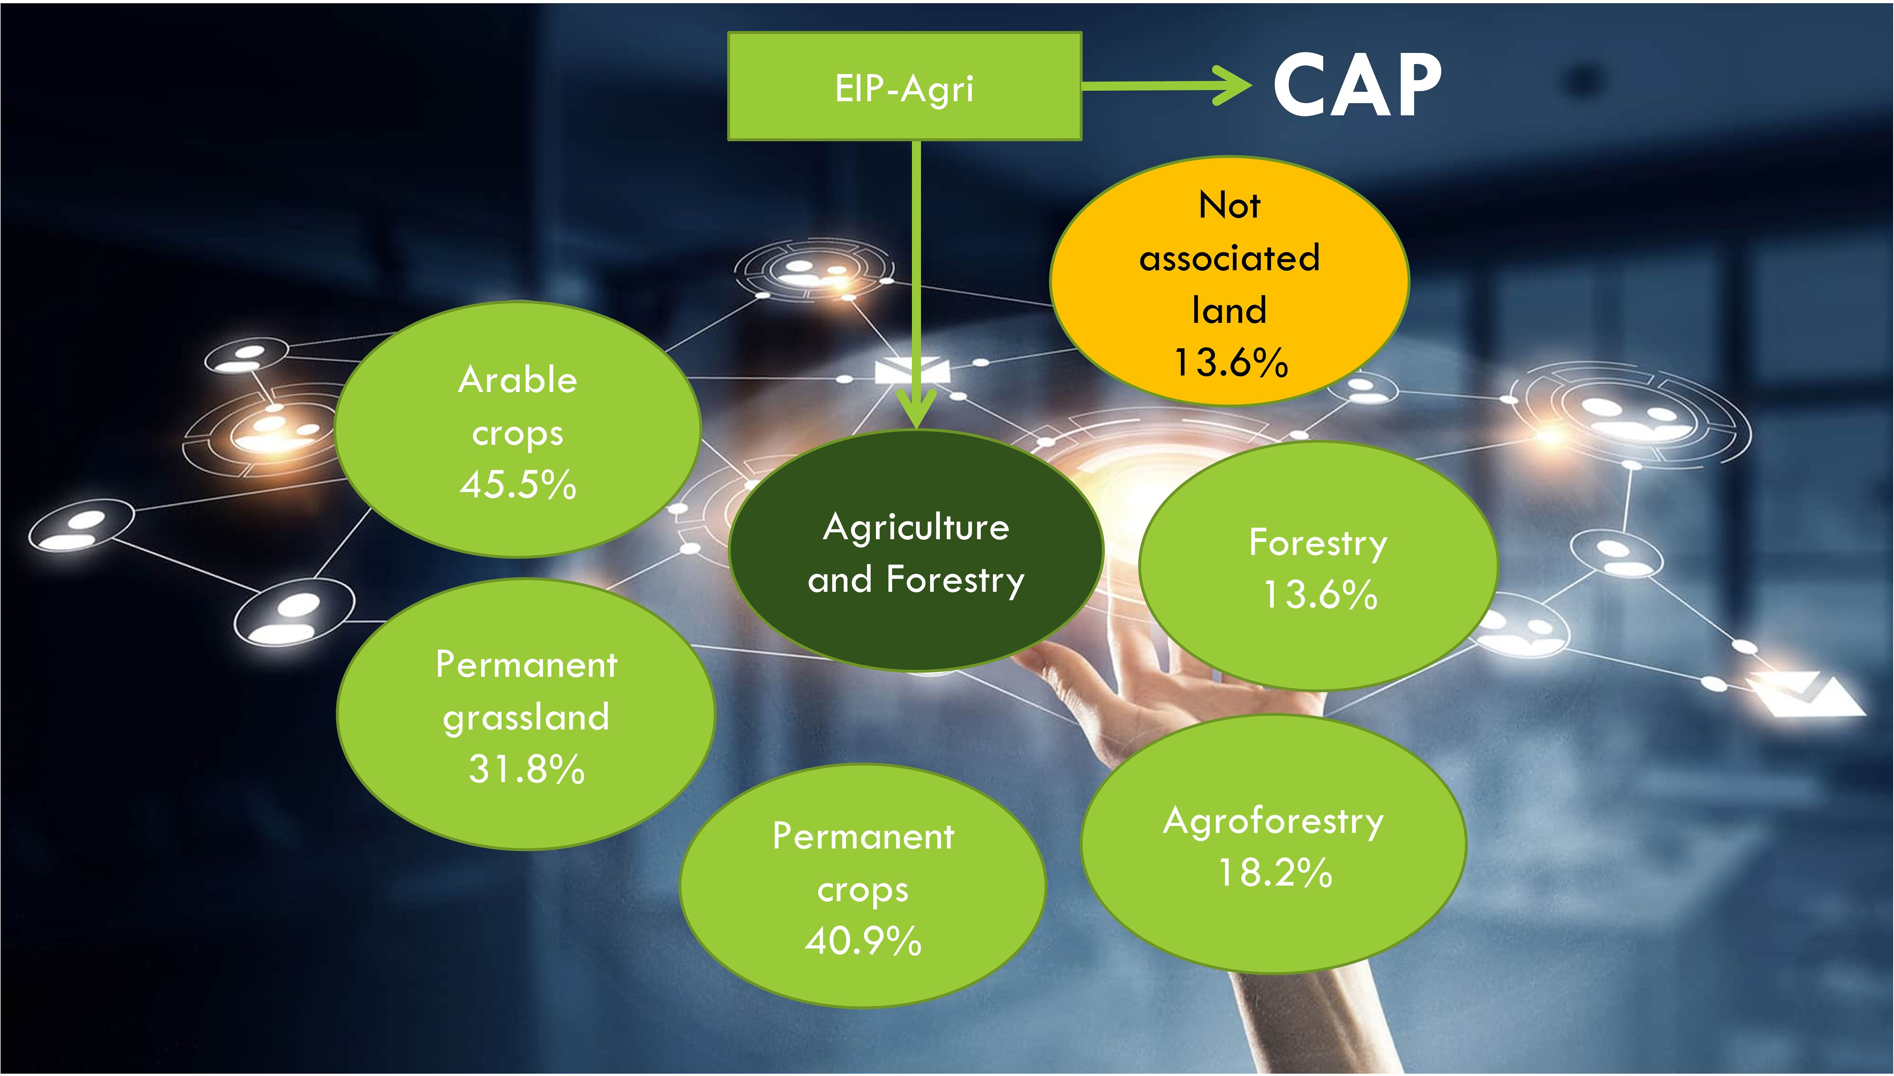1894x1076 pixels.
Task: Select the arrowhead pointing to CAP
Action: coord(1232,86)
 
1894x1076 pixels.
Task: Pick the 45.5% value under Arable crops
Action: coord(518,485)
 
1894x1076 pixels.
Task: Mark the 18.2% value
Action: coord(1275,873)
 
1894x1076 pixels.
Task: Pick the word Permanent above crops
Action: coord(863,837)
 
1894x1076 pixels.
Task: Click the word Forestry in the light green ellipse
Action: coord(1318,543)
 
